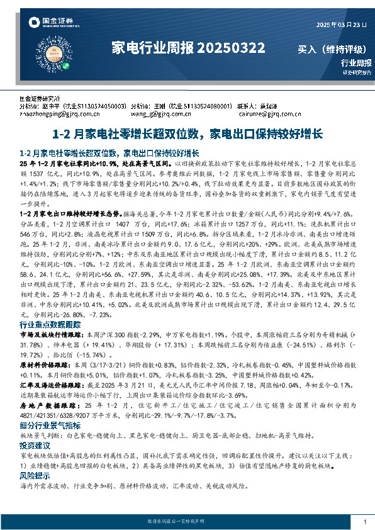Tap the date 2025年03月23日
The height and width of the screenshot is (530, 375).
(340, 25)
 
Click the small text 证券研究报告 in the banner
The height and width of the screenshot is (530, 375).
(357, 72)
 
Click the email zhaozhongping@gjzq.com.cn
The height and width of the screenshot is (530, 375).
(55, 115)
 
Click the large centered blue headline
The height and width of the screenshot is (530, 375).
(187, 134)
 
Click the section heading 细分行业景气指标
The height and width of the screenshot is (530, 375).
(50, 426)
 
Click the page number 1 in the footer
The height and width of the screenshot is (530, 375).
(365, 522)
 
